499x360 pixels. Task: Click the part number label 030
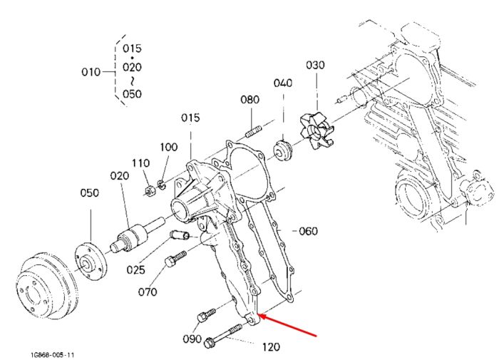[x=315, y=65]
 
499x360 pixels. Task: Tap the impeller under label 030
[x=317, y=131]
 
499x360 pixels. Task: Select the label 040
[x=282, y=83]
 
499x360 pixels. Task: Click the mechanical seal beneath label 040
[x=282, y=150]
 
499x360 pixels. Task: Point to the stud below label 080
[x=254, y=131]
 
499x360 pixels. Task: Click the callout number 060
[x=308, y=231]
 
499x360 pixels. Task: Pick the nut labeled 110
[x=150, y=191]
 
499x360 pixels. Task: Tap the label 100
[x=169, y=147]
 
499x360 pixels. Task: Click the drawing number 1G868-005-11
[x=52, y=354]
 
